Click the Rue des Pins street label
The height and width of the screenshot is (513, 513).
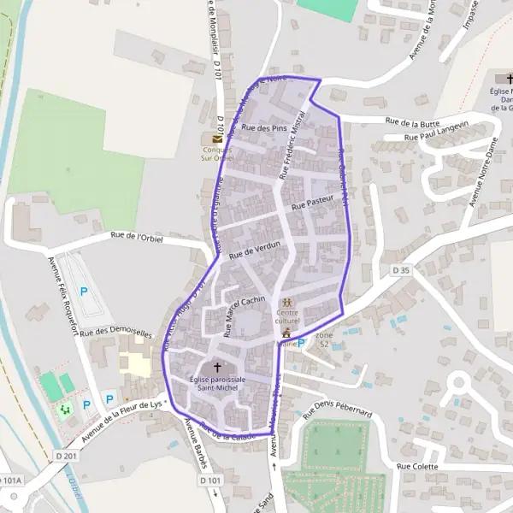click(264, 127)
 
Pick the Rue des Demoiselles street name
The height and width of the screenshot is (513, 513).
click(116, 332)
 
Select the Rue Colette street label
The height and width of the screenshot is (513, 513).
click(417, 466)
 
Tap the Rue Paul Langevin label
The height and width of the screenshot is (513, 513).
click(437, 134)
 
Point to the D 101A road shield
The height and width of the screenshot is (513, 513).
click(10, 481)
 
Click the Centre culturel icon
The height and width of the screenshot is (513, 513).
click(287, 303)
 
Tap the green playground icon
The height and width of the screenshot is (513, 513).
click(65, 410)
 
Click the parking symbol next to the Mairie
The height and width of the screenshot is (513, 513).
click(301, 342)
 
